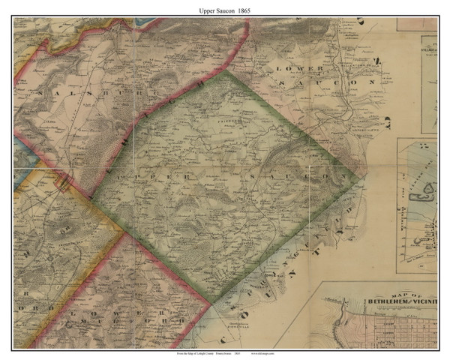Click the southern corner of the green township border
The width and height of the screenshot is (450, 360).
(x=212, y=303)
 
